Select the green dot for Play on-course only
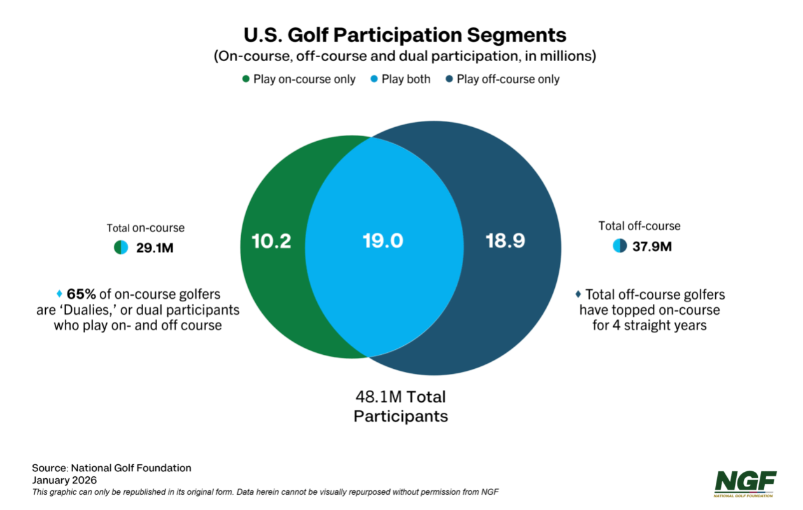tap(246, 79)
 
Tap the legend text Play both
tap(405, 79)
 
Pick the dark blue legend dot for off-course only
tap(449, 79)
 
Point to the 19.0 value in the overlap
tap(383, 242)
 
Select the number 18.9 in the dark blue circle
tap(505, 242)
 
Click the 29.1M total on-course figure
tap(155, 247)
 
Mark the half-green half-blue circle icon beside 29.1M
tap(121, 247)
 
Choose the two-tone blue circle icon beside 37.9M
tap(620, 246)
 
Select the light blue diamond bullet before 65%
tap(60, 294)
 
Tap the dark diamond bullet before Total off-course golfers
tap(578, 294)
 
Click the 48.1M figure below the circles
tap(378, 397)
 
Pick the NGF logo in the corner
tap(745, 481)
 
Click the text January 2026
tap(64, 480)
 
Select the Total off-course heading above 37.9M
tap(639, 226)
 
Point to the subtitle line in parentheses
tap(405, 56)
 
